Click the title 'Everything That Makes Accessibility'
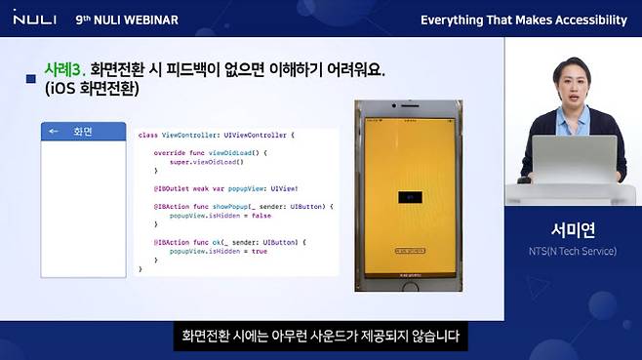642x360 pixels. click(523, 20)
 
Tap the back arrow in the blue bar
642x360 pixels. click(54, 131)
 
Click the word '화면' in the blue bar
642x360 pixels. click(83, 131)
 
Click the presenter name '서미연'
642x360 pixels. click(573, 231)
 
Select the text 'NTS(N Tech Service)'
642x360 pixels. click(573, 252)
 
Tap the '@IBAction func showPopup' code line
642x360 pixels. click(243, 206)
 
